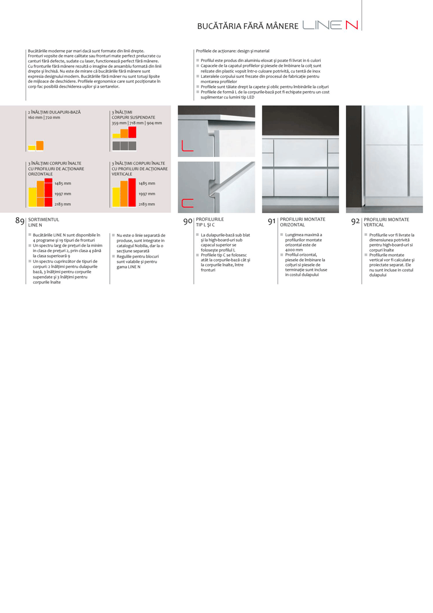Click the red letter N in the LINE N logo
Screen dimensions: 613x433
(351, 25)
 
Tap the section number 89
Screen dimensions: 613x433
(20, 221)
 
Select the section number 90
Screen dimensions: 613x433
(187, 222)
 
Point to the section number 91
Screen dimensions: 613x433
(271, 222)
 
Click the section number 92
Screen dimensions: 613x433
(355, 222)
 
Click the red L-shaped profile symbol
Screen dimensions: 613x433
(187, 146)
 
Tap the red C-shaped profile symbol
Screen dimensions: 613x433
(187, 202)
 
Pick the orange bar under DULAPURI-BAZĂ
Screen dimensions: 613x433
(39, 145)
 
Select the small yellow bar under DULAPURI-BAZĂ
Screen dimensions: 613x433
(31, 147)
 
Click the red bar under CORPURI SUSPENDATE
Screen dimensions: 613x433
(132, 132)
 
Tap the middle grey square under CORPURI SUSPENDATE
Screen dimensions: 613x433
(124, 146)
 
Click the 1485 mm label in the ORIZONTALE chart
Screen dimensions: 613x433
(62, 183)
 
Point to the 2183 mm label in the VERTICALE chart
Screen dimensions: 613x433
(147, 204)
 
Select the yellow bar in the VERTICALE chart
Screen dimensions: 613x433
(116, 196)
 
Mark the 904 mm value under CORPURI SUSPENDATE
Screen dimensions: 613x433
(155, 123)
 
